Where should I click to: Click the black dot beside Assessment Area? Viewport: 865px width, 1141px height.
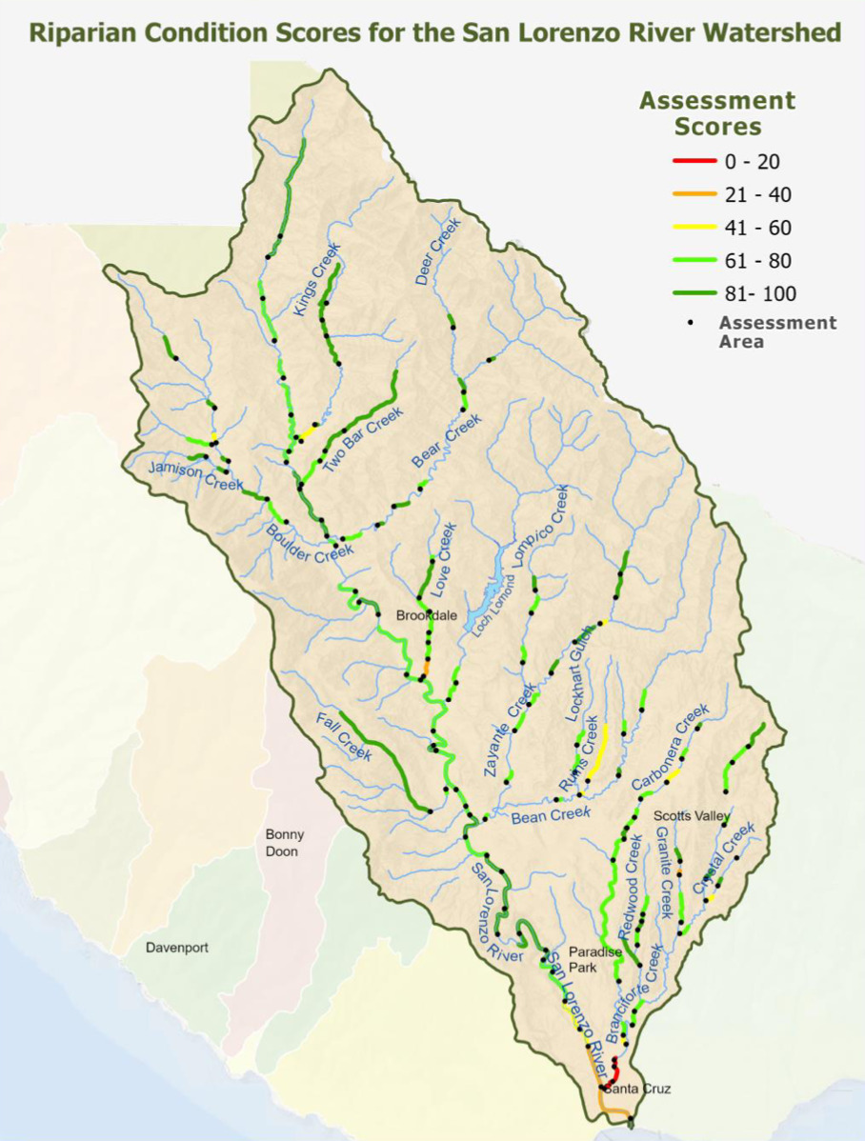pos(690,323)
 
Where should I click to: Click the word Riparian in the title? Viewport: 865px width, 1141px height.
pos(83,33)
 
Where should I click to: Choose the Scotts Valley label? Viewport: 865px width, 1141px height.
pos(692,816)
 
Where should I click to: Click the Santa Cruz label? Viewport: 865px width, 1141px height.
pos(637,1088)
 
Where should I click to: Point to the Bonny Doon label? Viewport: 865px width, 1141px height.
pos(282,843)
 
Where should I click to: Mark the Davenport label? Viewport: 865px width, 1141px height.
pos(177,948)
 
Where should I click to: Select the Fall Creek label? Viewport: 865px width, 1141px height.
pos(343,734)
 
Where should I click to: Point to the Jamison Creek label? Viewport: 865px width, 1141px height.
pos(183,473)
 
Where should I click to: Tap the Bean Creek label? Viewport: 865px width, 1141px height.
pos(551,814)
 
